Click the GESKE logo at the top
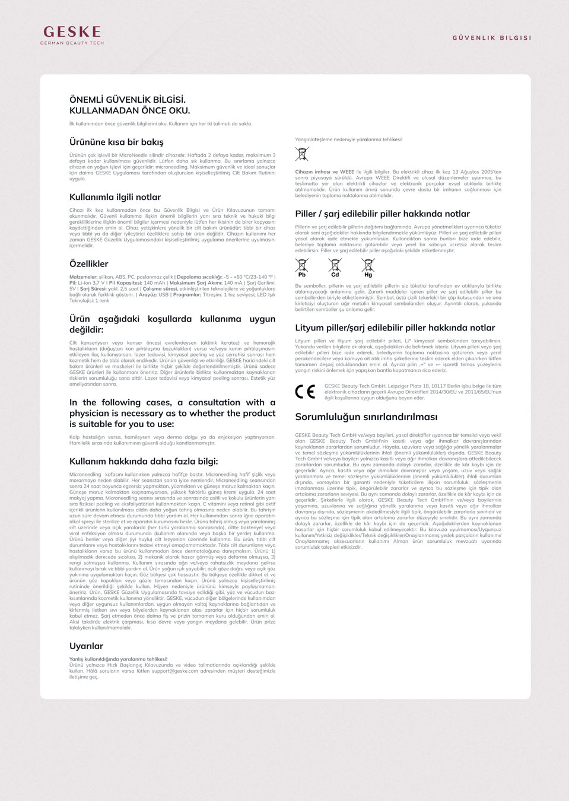72,32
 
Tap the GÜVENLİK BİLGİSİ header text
492,37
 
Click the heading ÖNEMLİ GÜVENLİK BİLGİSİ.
128,100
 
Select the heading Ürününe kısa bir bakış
116,142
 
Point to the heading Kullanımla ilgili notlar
115,197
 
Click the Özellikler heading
89,263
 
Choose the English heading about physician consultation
172,413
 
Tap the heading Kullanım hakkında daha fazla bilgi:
144,461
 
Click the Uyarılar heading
86,646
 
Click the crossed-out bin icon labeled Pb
302,268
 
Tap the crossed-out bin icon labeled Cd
335,268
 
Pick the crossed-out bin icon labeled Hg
368,268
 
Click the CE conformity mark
305,392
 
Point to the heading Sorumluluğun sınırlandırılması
366,417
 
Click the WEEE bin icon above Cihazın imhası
302,154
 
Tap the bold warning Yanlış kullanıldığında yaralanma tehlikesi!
118,659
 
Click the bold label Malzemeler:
84,277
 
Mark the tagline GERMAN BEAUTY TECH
72,43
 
